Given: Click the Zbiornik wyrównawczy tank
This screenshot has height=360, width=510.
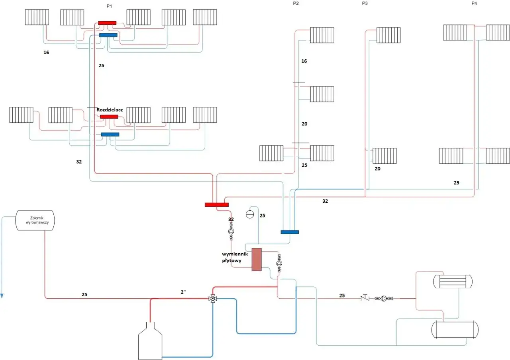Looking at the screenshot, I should [x=35, y=220].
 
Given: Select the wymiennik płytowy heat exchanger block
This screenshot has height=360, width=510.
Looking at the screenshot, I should [x=257, y=260].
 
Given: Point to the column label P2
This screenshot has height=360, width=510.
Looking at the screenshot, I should [x=296, y=3].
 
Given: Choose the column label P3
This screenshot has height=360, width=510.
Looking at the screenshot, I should [x=365, y=3].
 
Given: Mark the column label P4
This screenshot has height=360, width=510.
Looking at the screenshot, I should [x=474, y=3].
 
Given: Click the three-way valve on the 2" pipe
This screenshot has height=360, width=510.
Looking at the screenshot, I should [x=213, y=298].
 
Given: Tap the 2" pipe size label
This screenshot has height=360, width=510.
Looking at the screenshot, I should [x=183, y=292].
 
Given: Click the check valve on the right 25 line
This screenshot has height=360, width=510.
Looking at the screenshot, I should [x=365, y=298].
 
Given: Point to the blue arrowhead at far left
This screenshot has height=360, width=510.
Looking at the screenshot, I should [x=2, y=295].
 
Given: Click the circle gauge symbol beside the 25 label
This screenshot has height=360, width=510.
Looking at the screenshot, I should [x=250, y=215].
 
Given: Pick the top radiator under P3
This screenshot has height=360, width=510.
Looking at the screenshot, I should [x=388, y=35].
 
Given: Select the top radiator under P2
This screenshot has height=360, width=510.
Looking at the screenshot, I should [x=322, y=35].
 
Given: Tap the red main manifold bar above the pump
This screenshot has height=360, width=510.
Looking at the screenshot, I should [x=217, y=205].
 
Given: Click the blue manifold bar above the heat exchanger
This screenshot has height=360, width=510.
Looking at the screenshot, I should [x=290, y=232].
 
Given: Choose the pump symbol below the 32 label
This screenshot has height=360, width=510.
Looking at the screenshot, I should [x=231, y=231].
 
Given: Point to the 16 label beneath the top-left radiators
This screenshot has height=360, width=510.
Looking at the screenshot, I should [x=46, y=52].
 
